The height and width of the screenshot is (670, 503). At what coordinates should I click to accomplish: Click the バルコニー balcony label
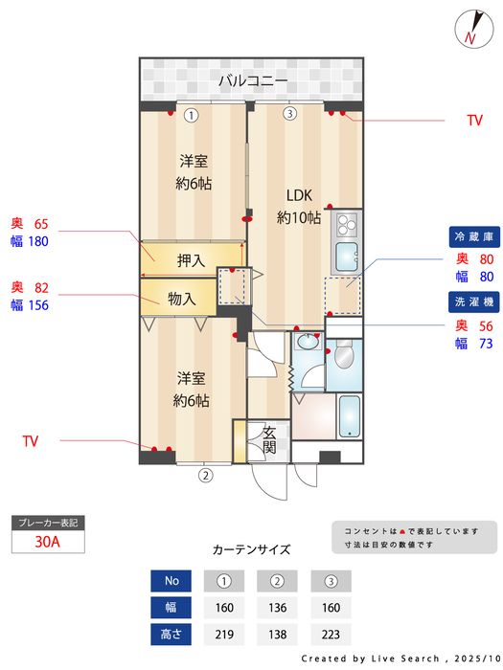pos(252,80)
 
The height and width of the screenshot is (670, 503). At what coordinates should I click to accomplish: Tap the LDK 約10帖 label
pos(299,207)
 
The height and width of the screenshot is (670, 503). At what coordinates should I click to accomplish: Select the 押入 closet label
pos(192,259)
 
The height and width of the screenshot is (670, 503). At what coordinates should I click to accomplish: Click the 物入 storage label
pos(182,299)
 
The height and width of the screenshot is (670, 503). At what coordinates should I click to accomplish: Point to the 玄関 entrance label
pos(269,439)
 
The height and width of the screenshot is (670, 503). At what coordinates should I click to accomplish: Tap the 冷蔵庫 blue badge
pos(473,235)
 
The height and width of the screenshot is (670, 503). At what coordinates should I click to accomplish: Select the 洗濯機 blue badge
pos(473,302)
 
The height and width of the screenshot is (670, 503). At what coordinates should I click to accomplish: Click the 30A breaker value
pos(47,541)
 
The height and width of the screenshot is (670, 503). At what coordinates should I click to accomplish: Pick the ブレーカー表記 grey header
pos(47,523)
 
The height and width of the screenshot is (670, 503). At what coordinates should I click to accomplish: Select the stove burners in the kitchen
pos(344,226)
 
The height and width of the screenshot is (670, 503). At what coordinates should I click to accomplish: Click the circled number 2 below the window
pos(204,474)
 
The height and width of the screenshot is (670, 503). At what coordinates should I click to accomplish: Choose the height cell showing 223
pos(331,634)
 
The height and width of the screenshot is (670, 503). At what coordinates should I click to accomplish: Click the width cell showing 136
pos(277,606)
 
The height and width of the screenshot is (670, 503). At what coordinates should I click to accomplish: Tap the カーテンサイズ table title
pos(251,549)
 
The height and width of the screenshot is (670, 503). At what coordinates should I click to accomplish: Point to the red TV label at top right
pos(473,121)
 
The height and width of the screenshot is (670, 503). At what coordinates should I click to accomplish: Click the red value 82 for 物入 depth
pos(40,287)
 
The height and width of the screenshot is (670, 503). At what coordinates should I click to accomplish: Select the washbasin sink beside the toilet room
pos(309,342)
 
